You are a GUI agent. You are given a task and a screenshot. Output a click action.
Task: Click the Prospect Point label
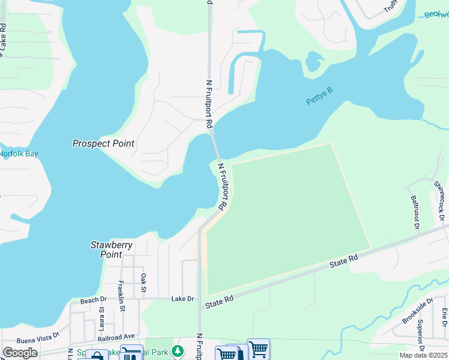103,143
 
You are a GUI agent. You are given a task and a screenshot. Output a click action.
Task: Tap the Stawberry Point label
111,249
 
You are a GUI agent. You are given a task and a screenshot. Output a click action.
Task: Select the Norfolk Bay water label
18,154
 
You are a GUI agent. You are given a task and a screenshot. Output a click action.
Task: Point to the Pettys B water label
319,96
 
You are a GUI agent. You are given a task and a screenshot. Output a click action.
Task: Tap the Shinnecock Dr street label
440,204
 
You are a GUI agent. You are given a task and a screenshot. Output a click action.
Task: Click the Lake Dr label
182,299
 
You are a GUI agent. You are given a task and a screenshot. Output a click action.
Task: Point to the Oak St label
143,280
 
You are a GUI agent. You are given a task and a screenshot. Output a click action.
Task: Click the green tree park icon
177,350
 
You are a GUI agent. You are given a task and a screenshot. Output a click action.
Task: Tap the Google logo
20,353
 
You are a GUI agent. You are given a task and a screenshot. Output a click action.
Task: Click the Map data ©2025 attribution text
424,355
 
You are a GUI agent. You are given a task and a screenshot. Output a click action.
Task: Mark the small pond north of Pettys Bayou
313,61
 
